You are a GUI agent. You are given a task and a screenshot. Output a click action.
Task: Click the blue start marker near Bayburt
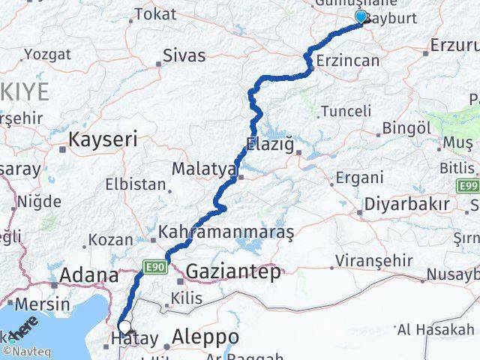pos(361,17)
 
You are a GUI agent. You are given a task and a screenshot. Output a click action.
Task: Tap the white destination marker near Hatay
pos(125,328)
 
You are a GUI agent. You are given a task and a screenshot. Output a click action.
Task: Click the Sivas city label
pos(184,55)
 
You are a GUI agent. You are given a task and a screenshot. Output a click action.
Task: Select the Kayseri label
pos(103,139)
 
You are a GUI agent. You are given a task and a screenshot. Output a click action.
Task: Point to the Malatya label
pos(204,169)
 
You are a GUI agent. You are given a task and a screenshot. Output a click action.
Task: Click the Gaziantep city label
pos(233,271)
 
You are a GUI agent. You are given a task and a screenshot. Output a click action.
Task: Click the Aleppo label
pos(205,337)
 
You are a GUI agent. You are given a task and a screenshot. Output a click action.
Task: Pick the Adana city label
pos(89,274)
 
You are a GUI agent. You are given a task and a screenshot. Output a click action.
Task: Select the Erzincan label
pos(347,61)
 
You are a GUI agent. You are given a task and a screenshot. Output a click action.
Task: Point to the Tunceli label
pos(346,111)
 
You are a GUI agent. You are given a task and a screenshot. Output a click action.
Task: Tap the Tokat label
pos(155,13)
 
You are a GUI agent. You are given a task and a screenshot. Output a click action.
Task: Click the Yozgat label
pos(47,54)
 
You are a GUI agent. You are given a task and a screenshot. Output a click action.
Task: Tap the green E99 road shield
pos(469,185)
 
